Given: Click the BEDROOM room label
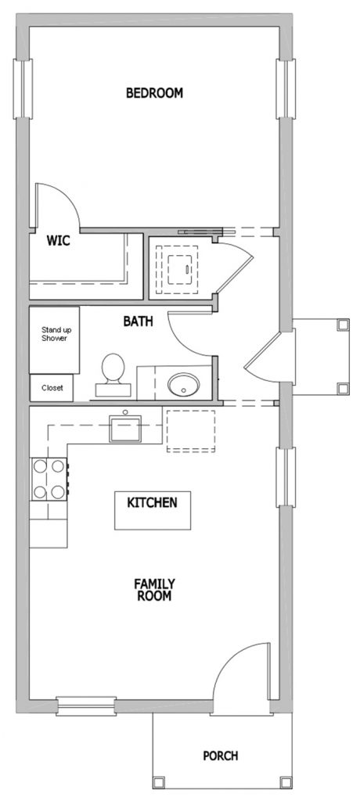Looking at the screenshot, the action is tap(154, 93).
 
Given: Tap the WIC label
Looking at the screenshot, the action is tap(58, 240).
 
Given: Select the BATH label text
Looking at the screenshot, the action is tap(138, 321).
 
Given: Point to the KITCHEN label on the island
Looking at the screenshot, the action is tap(153, 503).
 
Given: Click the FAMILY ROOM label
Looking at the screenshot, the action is tap(154, 590).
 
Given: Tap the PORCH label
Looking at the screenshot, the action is tap(221, 756).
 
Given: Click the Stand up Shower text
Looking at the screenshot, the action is tap(54, 333).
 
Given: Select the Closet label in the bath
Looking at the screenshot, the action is tap(52, 388).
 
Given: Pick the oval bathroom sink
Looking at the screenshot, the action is tap(184, 385).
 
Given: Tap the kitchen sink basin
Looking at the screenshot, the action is tap(124, 429).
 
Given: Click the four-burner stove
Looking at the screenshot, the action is tap(49, 480).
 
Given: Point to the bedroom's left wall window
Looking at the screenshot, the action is tap(23, 89).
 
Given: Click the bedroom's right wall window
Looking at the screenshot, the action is tap(286, 89).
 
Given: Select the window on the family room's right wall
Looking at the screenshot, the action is tap(286, 477).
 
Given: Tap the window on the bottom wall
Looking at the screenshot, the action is tap(86, 706).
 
